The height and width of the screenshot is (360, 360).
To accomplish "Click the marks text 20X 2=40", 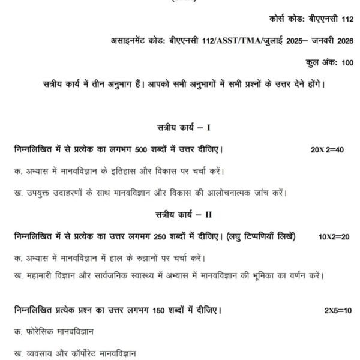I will coord(327,148).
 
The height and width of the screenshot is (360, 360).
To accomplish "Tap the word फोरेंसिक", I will coord(42,331).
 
